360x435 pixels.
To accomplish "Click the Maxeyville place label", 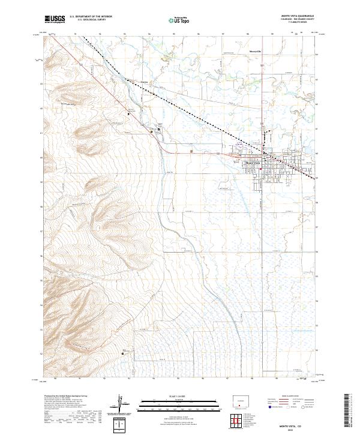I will click(257, 52).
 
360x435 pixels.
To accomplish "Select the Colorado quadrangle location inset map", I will click(240, 401).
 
